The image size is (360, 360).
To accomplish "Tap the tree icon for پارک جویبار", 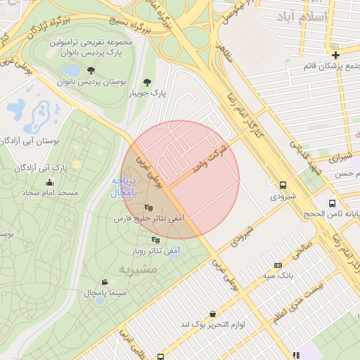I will pyautogui.click(x=147, y=82).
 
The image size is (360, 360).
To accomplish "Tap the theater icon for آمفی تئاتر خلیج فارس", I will pyautogui.click(x=148, y=207).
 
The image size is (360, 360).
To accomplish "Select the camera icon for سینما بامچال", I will pyautogui.click(x=105, y=281).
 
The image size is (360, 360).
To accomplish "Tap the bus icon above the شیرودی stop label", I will pyautogui.click(x=283, y=185).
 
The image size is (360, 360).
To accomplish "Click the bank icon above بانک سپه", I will pyautogui.click(x=278, y=265).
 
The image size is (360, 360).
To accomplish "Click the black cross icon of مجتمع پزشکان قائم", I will pyautogui.click(x=336, y=55).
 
